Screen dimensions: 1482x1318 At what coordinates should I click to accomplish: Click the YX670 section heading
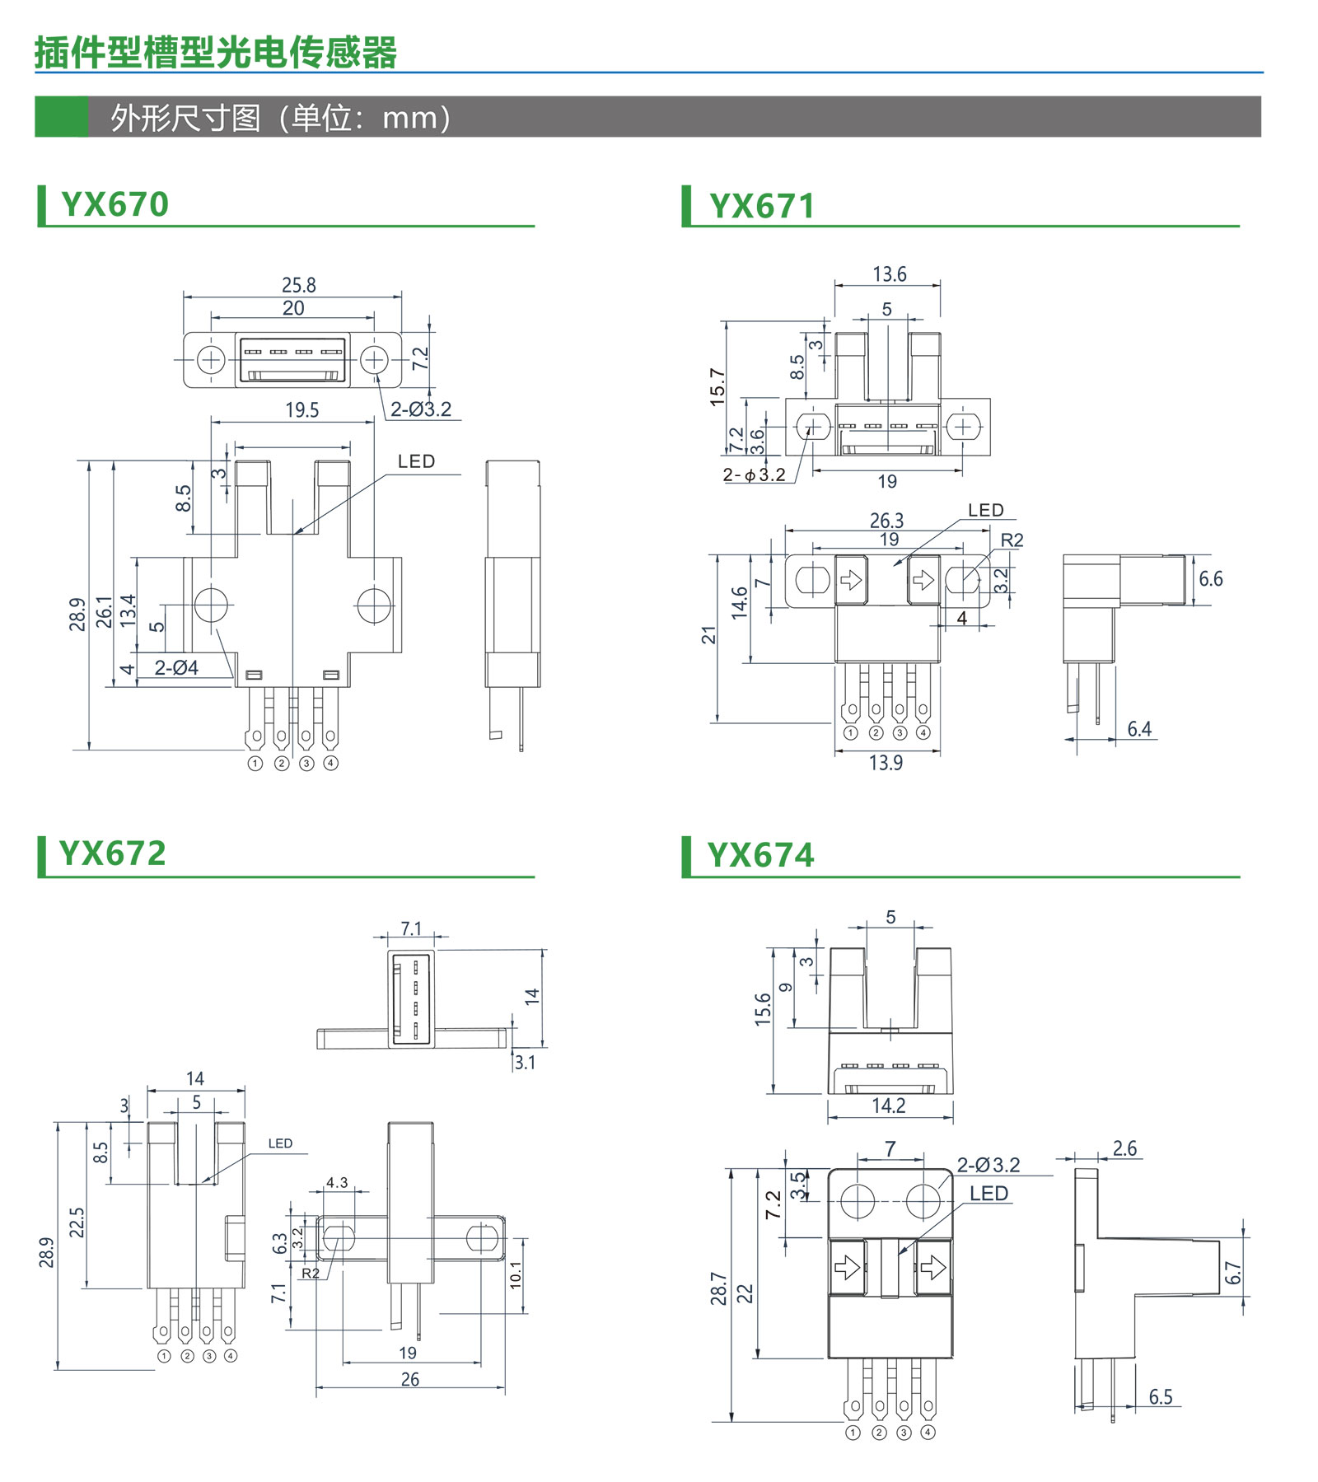115,204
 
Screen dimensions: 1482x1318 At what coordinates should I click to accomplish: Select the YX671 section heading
762,206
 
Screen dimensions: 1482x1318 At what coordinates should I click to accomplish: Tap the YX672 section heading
113,853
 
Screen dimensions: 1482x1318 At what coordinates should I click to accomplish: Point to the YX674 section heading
760,855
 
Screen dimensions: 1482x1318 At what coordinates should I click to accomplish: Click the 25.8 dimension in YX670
298,285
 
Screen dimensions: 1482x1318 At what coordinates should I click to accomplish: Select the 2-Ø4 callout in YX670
176,667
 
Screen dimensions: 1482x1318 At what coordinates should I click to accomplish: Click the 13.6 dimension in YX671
889,274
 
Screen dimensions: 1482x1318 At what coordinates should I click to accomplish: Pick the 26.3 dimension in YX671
886,521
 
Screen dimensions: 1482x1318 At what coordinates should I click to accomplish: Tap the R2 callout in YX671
1012,540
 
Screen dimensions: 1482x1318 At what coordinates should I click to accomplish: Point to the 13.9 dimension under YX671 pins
886,763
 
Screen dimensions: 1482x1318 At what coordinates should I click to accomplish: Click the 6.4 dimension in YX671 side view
1139,729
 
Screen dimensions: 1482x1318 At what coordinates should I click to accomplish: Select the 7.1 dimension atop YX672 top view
411,929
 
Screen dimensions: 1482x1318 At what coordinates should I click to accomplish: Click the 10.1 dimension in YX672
516,1275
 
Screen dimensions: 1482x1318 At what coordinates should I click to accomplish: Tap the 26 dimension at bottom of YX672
410,1379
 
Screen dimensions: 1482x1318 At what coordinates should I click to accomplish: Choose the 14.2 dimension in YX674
889,1106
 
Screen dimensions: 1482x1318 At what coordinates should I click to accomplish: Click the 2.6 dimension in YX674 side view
1124,1148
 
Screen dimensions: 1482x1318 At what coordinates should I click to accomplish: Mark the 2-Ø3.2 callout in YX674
988,1165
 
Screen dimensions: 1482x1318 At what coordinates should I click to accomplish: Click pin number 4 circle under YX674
928,1433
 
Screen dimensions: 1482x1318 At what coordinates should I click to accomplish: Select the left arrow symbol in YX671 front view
851,580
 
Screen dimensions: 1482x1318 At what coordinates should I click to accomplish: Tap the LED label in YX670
416,461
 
